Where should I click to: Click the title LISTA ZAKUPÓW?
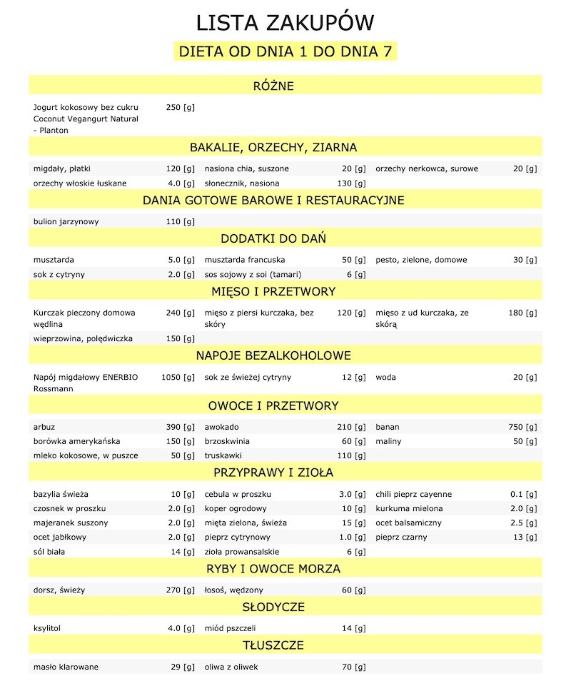click(x=285, y=23)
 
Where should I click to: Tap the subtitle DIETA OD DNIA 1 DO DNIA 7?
click(x=285, y=52)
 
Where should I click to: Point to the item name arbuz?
click(x=44, y=427)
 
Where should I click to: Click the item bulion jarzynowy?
click(x=66, y=221)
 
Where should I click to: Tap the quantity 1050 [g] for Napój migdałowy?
click(x=178, y=377)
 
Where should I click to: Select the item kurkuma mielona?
click(x=409, y=508)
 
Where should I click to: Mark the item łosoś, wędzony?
click(x=233, y=590)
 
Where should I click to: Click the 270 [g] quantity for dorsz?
click(x=180, y=590)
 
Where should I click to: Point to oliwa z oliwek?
click(x=231, y=667)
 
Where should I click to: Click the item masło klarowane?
click(x=66, y=667)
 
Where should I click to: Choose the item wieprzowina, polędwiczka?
click(x=83, y=338)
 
